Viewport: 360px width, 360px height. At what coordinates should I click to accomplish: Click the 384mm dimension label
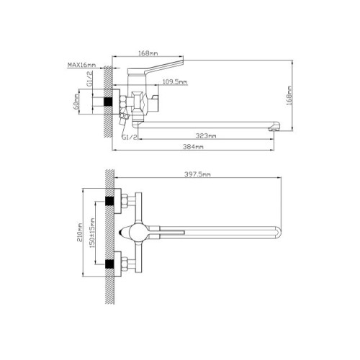tap(193, 146)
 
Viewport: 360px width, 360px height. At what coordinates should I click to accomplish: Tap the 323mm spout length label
tap(206, 136)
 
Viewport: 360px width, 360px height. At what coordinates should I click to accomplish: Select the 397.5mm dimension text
tap(197, 174)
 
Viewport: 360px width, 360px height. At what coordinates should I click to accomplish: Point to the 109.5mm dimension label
tap(175, 82)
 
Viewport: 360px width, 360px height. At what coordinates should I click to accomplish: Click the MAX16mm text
tap(81, 65)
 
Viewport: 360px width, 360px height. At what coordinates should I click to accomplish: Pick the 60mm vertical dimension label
tap(76, 102)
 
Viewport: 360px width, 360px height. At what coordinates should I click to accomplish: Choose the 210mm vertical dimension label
tap(80, 233)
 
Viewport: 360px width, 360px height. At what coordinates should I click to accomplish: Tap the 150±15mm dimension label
tap(92, 233)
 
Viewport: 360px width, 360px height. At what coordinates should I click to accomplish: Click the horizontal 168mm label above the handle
tap(148, 53)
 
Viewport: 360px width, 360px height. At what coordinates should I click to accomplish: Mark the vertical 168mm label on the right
tap(289, 95)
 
